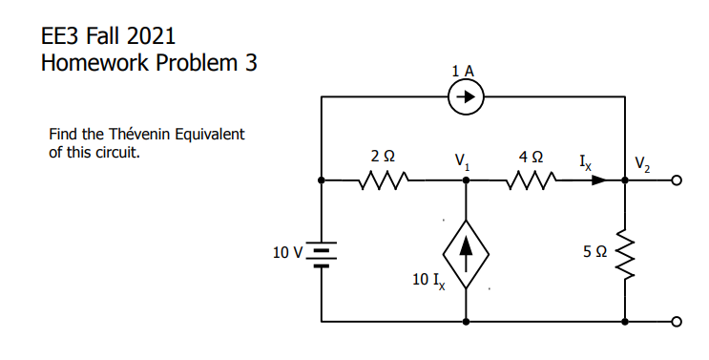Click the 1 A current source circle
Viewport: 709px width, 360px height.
(466, 96)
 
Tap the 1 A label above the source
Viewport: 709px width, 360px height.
(465, 70)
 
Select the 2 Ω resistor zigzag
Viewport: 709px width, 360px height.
(384, 179)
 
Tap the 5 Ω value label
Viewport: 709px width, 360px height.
(594, 252)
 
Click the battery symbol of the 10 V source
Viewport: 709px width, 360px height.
(323, 256)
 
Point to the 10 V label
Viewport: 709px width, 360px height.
(287, 253)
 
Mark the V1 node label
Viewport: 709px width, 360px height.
(463, 159)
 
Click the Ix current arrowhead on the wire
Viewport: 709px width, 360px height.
(597, 179)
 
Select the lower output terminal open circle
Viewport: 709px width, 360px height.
(678, 322)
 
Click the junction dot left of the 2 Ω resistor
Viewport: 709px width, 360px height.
(323, 179)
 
